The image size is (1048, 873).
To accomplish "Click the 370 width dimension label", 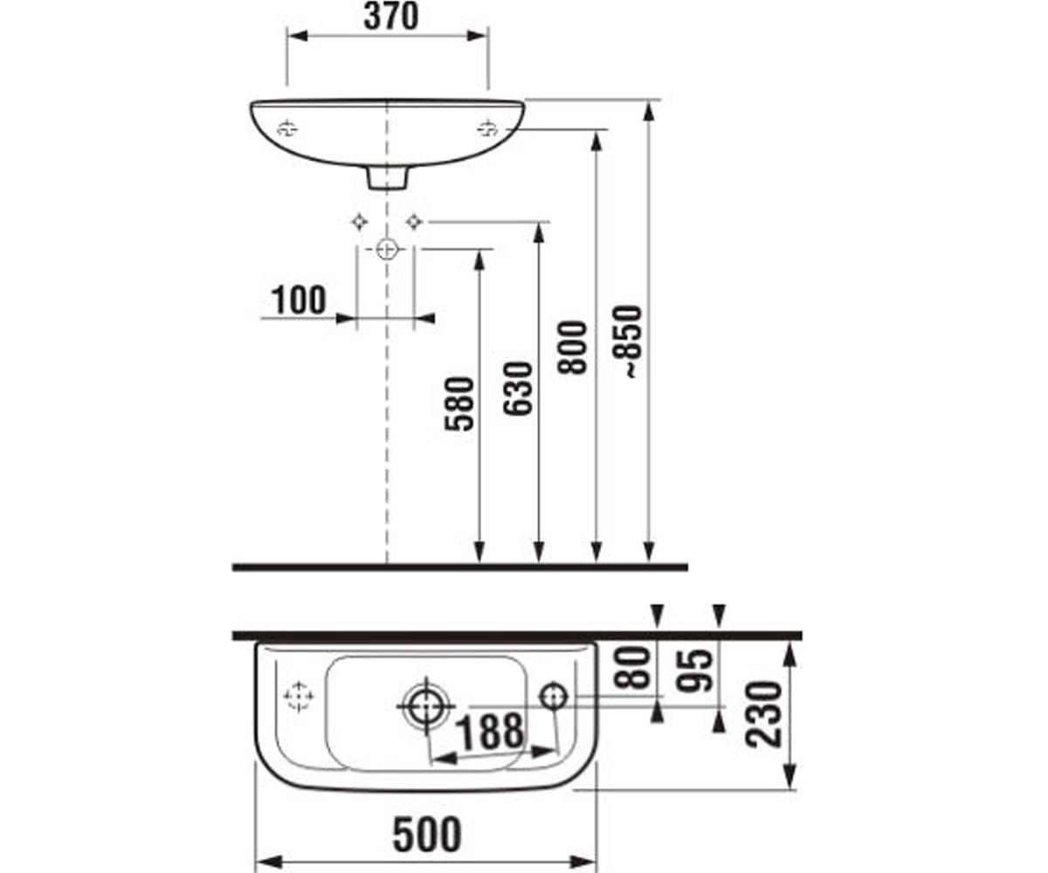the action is [390, 17].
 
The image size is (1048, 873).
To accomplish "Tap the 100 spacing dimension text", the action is [299, 300].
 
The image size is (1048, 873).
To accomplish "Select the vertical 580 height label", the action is [459, 404].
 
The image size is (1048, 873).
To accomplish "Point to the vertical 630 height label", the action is [518, 388].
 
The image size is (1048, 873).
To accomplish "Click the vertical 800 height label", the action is [572, 347].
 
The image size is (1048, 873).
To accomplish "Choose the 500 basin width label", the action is [427, 835].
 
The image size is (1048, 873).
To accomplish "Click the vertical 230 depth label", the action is [764, 714].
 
